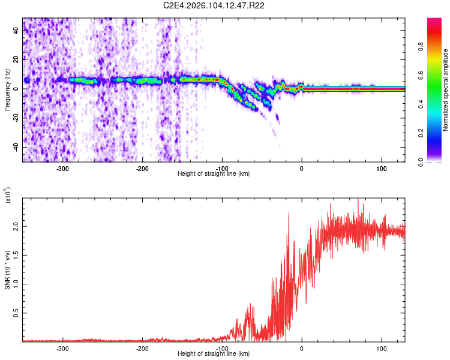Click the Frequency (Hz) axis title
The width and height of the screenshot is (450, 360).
(x=7, y=90)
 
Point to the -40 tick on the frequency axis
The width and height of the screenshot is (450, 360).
(x=16, y=147)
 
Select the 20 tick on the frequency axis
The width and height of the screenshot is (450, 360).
(x=17, y=59)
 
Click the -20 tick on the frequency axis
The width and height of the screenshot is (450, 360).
(x=16, y=118)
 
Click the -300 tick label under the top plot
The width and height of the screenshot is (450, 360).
(x=62, y=169)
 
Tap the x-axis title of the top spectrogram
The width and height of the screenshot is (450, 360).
(x=214, y=174)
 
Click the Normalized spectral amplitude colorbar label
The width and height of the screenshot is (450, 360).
(x=445, y=90)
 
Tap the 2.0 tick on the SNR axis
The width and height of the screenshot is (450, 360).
(x=15, y=227)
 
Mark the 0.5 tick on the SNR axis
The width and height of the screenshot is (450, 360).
(x=15, y=313)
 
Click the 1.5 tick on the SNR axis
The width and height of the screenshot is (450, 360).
(x=15, y=256)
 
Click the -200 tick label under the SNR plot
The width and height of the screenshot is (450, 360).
(x=142, y=349)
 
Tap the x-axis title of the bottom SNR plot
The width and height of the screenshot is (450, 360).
(x=214, y=354)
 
